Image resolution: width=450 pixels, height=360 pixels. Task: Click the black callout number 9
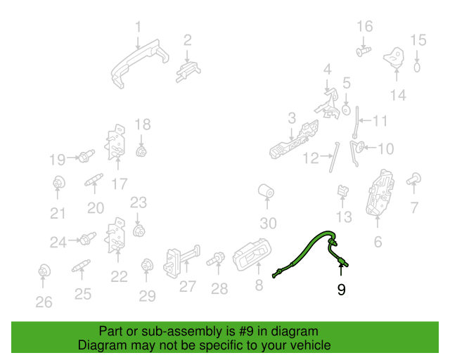[341, 290]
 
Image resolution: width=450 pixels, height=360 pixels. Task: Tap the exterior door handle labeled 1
[140, 64]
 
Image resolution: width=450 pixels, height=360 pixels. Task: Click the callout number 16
[365, 26]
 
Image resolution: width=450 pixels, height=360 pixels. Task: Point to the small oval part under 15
[417, 67]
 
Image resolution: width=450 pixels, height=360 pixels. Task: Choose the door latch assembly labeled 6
[380, 193]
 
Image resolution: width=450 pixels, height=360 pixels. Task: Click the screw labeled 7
[414, 179]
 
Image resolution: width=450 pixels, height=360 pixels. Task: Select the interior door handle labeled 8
[252, 255]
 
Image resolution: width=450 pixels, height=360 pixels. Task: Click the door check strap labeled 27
[181, 262]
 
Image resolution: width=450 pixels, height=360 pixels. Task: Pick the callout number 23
[139, 202]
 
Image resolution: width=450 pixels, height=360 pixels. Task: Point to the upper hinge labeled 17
[116, 142]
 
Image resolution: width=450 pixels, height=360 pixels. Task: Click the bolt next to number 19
[86, 156]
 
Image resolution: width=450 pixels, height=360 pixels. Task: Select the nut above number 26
[44, 270]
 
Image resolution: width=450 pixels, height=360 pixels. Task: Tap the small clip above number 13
[342, 191]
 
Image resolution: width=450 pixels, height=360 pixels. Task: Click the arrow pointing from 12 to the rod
[326, 156]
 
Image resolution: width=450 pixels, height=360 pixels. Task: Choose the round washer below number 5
[347, 110]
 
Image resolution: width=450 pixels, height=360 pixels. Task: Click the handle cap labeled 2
[188, 72]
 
